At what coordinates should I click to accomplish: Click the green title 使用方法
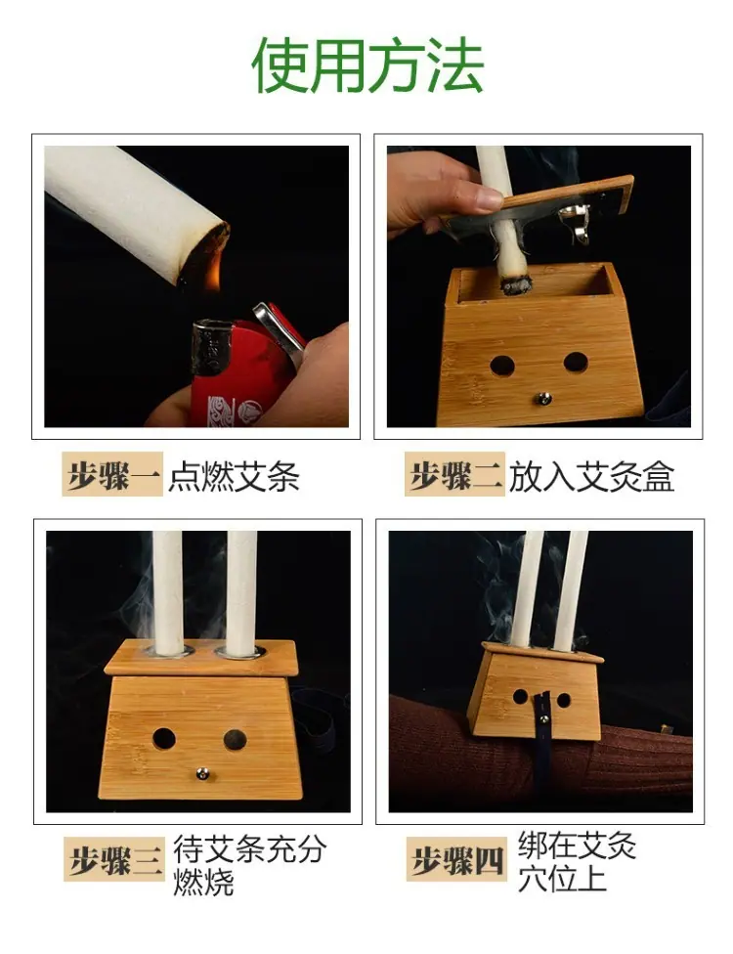(366, 65)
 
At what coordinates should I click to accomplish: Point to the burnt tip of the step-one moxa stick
(204, 255)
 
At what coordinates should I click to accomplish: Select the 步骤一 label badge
(112, 474)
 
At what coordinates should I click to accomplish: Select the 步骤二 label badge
(455, 474)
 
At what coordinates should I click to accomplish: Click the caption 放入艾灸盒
(591, 476)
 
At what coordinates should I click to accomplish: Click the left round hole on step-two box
(502, 367)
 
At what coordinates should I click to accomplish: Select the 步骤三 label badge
(114, 859)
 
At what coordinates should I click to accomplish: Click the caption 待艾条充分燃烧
(249, 864)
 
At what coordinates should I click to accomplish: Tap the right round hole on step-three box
(235, 739)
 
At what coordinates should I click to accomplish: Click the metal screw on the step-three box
(201, 774)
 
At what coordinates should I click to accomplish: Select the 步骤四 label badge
(456, 859)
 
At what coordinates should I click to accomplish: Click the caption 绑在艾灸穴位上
(577, 861)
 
